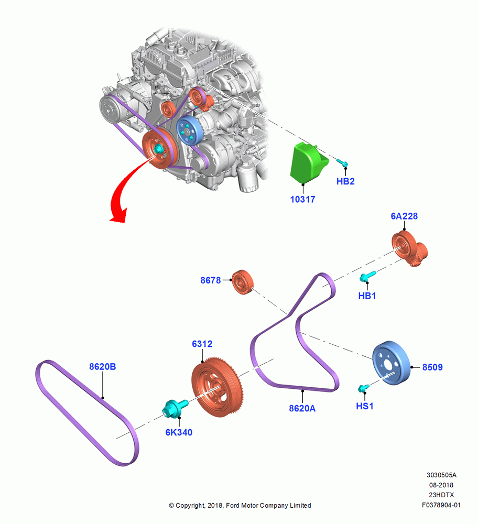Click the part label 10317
(x=302, y=200)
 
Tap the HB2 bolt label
(x=345, y=181)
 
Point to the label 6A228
(x=404, y=216)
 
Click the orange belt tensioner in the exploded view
(x=409, y=249)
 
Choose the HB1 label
(x=367, y=296)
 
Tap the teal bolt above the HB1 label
(x=367, y=276)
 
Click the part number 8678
(x=211, y=280)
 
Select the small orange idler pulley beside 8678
(x=243, y=282)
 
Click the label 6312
(x=202, y=344)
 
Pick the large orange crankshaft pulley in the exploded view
(x=218, y=387)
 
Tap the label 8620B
(x=102, y=367)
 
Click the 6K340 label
(x=179, y=432)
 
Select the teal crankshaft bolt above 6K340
(x=175, y=408)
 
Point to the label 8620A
(x=302, y=408)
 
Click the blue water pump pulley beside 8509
(x=391, y=363)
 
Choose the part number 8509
(x=432, y=367)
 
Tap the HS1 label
(x=365, y=406)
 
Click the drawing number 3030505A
(x=441, y=475)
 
